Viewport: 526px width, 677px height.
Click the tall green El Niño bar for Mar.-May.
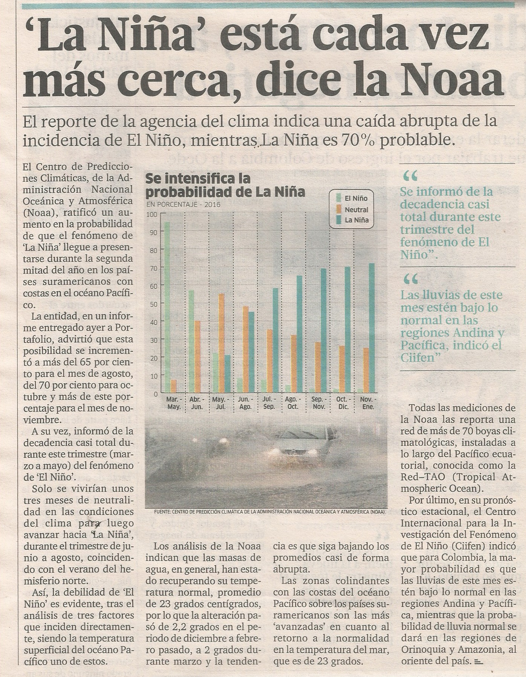(x=167, y=307)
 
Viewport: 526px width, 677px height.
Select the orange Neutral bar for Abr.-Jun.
(x=197, y=357)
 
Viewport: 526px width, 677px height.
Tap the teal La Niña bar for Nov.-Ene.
(x=372, y=328)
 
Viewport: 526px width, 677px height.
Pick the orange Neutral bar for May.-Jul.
(x=222, y=343)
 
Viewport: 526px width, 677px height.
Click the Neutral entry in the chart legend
(x=352, y=210)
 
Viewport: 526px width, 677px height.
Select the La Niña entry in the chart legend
(x=352, y=221)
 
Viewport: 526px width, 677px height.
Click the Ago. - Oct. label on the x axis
(x=292, y=403)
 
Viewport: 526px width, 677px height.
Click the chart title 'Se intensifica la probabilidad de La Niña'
(x=225, y=185)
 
